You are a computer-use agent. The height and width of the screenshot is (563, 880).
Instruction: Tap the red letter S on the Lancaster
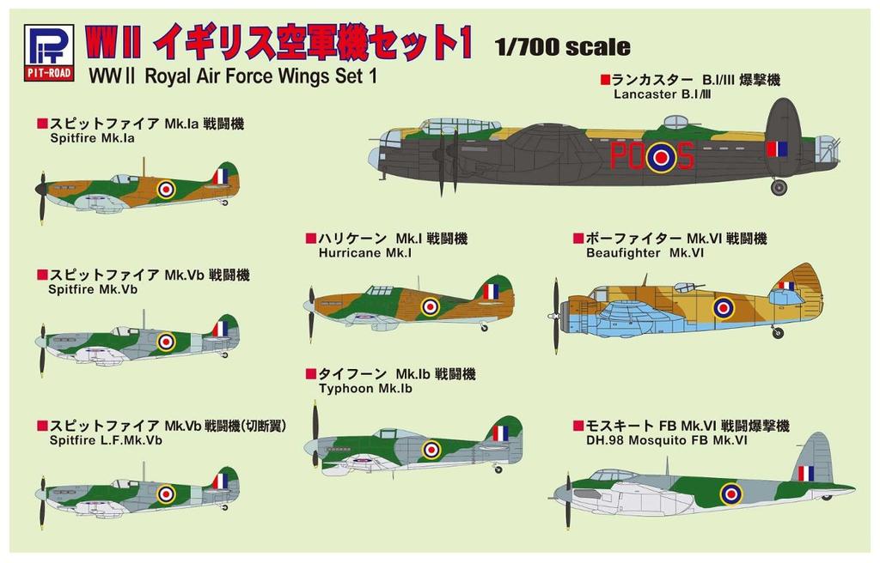pos(684,155)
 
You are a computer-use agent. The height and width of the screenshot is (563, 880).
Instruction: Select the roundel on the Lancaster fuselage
pos(660,156)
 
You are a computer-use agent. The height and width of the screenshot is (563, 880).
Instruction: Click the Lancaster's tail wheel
pos(779,187)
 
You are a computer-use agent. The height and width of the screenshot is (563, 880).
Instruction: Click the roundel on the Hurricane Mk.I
pos(430,306)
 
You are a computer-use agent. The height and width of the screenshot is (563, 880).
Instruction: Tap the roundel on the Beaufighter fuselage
pos(724,306)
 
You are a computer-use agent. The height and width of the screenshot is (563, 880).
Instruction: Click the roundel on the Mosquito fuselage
pos(730,493)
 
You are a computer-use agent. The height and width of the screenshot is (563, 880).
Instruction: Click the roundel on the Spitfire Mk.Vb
pos(166,342)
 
